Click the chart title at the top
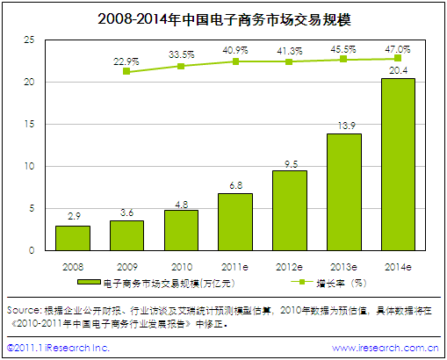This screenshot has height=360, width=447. tap(223, 18)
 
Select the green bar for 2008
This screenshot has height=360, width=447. tap(73, 238)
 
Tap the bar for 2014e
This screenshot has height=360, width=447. tap(398, 165)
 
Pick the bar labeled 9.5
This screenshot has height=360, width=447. tap(290, 211)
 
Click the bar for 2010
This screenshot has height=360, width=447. tap(181, 230)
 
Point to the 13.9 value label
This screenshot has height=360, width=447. tap(344, 126)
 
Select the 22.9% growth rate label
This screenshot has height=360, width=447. tap(127, 61)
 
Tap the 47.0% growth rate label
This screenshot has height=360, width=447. tap(398, 50)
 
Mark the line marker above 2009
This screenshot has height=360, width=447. tap(127, 71)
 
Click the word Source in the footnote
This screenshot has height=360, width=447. tap(23, 310)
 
